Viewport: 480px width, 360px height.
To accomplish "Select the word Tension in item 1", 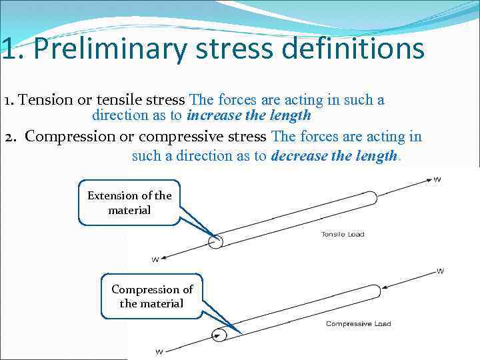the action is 41,100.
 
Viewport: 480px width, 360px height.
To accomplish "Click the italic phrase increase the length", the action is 249,115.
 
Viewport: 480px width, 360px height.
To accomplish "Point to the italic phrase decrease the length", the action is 334,156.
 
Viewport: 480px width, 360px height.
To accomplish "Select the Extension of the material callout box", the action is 129,203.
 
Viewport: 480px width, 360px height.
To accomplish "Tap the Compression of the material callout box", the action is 151,296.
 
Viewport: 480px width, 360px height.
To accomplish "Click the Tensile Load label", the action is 343,235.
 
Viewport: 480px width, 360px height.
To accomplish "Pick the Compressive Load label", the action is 358,324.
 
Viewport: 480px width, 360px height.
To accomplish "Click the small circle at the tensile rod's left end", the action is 215,241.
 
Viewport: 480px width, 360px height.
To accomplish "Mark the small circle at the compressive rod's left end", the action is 218,335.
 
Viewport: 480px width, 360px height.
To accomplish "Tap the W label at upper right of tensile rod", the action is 437,179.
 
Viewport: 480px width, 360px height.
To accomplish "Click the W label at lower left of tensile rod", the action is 155,259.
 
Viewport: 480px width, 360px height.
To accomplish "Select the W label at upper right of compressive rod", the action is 440,271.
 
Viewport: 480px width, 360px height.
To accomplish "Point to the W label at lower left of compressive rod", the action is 159,351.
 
